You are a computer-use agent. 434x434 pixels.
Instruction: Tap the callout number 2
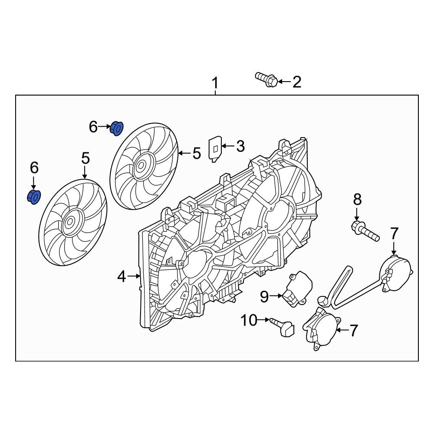[x=296, y=82]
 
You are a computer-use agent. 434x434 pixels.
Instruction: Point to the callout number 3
[x=240, y=146]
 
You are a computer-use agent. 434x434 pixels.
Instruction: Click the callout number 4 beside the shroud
[x=122, y=276]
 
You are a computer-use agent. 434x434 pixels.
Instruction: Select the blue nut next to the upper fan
[x=116, y=128]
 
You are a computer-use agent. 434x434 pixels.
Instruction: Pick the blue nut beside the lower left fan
[x=34, y=197]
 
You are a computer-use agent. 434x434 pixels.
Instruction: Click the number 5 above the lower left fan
[x=85, y=158]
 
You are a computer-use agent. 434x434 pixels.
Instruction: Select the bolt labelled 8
[x=365, y=231]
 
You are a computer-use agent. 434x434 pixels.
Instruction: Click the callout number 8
[x=357, y=200]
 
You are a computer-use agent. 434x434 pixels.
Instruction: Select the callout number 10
[x=249, y=320]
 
